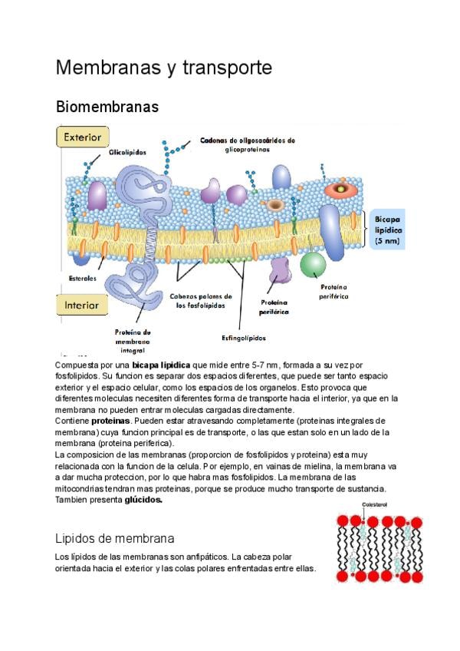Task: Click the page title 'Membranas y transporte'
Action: [163, 68]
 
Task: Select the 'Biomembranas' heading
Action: [107, 107]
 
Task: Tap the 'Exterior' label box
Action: [81, 138]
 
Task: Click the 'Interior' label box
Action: [81, 305]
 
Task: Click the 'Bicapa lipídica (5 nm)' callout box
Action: [388, 230]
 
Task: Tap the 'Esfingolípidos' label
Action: [245, 336]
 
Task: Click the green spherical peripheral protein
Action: [313, 263]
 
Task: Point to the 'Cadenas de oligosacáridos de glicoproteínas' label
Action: [247, 145]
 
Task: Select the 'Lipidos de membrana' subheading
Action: [115, 538]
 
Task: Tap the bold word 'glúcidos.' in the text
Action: [143, 500]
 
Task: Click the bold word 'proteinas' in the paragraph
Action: [111, 421]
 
